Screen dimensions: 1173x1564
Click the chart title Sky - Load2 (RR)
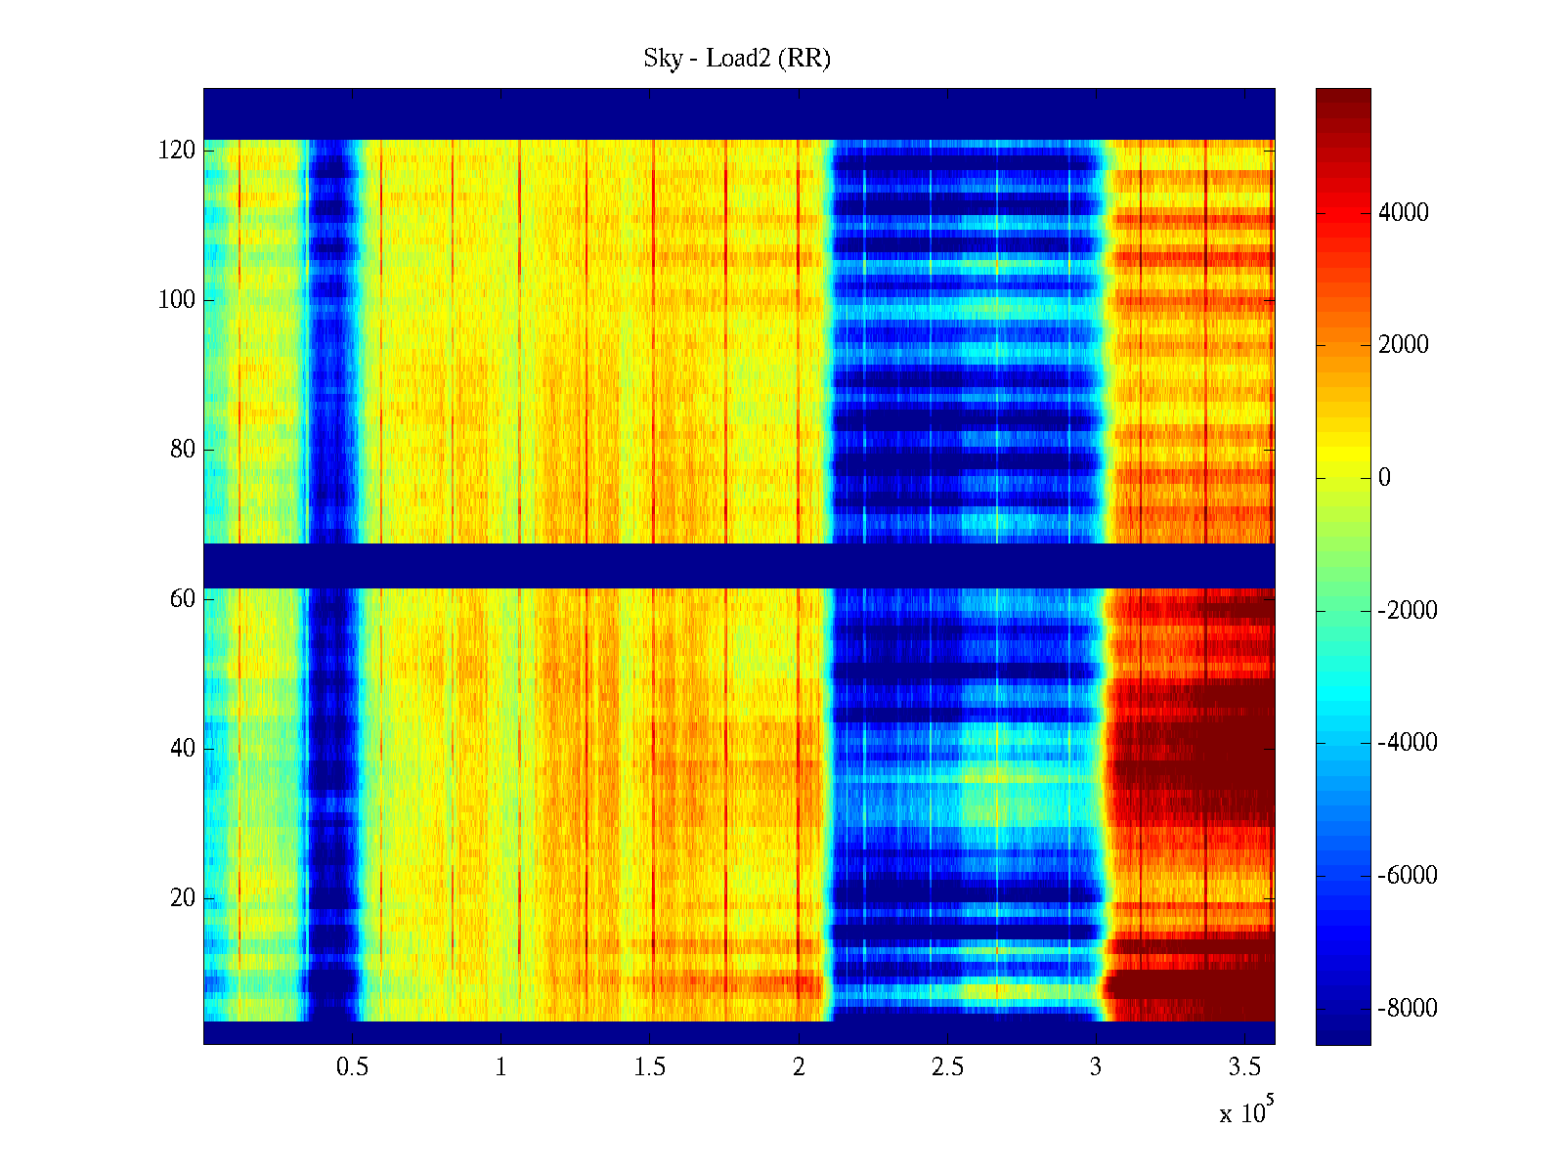pos(737,59)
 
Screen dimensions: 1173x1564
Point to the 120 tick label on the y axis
pos(177,151)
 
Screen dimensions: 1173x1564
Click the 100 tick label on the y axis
pos(177,300)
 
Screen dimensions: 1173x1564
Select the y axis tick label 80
pos(183,450)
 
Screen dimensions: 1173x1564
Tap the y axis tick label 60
pos(183,599)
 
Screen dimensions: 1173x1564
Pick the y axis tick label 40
pos(183,749)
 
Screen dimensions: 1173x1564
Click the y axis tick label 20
pos(183,898)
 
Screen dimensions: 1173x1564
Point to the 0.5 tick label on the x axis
pos(352,1067)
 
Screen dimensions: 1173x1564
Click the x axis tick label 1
pos(500,1067)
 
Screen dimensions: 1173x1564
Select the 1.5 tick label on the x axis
pos(649,1067)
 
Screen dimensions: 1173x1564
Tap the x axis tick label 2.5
pos(947,1067)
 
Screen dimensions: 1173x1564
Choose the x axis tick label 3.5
pos(1244,1067)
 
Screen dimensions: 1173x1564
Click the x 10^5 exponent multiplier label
pos(1246,1111)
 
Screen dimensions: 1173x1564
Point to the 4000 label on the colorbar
pos(1404,213)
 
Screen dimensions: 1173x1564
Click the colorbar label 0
pos(1384,478)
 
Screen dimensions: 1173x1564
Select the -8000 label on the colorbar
pos(1408,1009)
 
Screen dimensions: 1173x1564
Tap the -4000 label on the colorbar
pos(1408,743)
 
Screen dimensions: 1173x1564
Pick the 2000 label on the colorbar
pos(1404,345)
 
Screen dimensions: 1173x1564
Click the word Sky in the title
pos(662,59)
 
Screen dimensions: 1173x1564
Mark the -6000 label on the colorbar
pos(1408,876)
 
